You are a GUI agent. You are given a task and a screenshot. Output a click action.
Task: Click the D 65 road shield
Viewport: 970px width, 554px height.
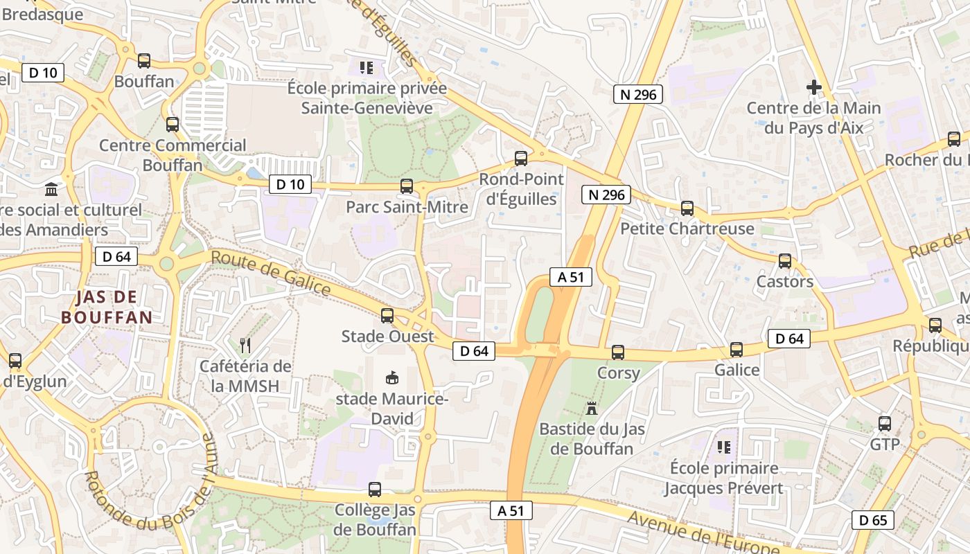872,520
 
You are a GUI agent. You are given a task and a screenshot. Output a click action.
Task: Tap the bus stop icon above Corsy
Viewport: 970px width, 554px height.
618,352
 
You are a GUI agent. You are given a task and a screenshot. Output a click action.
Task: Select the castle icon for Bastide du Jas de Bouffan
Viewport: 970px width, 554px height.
592,408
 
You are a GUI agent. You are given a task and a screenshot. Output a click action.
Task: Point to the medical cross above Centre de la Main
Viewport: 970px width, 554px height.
814,87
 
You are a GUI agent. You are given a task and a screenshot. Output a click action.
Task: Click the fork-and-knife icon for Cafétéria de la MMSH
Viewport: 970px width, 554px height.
245,345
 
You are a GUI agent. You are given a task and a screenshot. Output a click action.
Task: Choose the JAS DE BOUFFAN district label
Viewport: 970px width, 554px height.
106,307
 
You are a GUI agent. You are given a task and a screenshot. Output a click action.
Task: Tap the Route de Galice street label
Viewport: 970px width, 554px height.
270,272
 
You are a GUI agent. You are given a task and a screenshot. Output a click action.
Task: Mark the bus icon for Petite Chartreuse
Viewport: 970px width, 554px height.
687,208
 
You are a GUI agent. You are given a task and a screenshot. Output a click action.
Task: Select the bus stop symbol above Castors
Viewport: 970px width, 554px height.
785,260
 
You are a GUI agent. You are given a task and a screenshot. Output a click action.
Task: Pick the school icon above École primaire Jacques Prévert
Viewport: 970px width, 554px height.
724,447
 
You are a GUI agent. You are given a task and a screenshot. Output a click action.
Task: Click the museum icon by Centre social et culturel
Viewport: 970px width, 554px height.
51,189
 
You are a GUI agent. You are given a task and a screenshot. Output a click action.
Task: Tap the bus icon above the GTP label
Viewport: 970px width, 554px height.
885,423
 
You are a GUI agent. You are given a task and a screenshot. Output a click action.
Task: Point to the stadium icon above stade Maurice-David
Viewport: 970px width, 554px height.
392,377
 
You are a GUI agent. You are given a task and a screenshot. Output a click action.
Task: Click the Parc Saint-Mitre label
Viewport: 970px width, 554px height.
407,207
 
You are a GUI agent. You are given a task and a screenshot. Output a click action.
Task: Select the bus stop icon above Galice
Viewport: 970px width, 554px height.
737,349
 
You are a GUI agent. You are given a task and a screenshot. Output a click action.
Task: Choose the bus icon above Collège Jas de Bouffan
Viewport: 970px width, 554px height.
375,489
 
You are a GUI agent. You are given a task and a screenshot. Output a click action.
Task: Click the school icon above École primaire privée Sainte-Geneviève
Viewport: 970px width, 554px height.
367,68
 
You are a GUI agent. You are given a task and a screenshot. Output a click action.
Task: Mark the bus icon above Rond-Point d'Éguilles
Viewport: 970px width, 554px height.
521,158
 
